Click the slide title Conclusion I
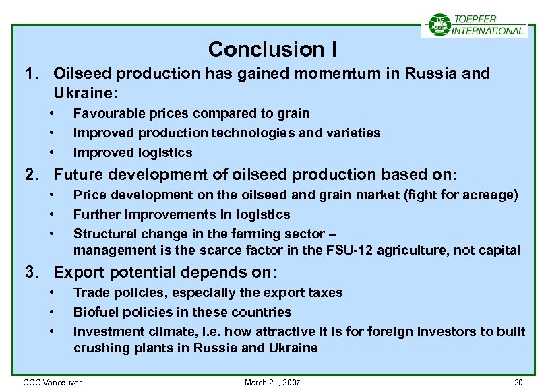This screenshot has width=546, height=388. pyautogui.click(x=273, y=49)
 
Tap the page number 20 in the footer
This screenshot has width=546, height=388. pyautogui.click(x=518, y=382)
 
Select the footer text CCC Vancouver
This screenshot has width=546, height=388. pyautogui.click(x=52, y=382)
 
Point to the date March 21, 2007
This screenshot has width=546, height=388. pyautogui.click(x=272, y=382)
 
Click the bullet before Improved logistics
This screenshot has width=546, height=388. pyautogui.click(x=51, y=152)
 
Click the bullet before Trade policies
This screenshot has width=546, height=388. pyautogui.click(x=51, y=292)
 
